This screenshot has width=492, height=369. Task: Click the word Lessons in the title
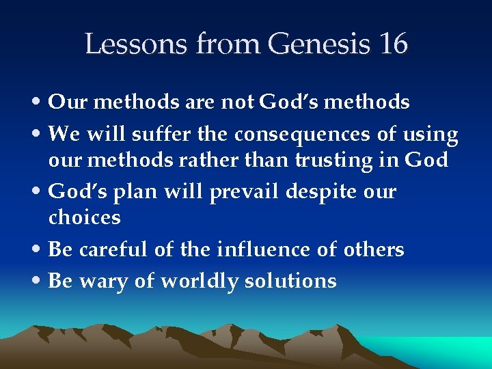coord(137,44)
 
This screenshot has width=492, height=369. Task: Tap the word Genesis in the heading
coord(317,44)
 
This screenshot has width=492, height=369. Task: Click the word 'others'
coord(374,249)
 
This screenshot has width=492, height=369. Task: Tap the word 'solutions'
coord(293,281)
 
